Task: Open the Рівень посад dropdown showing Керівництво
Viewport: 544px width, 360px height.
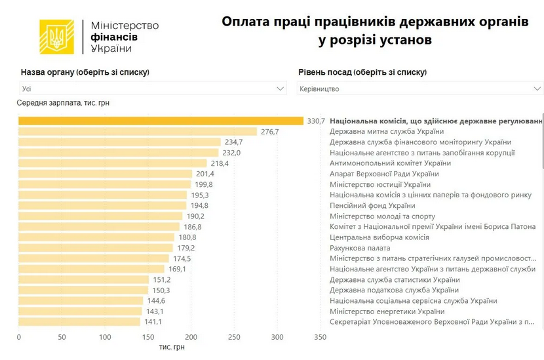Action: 419,89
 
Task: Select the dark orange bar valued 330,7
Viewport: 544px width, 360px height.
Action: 161,121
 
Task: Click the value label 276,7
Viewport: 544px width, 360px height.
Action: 270,132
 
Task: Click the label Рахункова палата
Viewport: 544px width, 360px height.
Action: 360,248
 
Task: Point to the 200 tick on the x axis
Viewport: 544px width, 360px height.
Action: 191,337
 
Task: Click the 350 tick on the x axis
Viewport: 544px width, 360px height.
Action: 321,337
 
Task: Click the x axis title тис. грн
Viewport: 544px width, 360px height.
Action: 172,347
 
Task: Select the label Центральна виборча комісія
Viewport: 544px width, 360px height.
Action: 379,237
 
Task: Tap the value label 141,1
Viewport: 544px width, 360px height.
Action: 153,322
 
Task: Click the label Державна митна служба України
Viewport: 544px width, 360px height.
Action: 383,132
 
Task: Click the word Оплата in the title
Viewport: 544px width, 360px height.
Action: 245,22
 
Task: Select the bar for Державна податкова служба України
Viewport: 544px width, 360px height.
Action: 83,290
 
